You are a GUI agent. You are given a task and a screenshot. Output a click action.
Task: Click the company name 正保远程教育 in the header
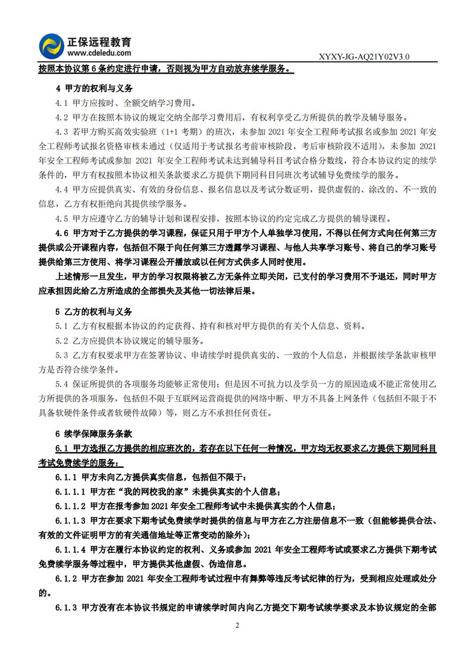tap(99, 42)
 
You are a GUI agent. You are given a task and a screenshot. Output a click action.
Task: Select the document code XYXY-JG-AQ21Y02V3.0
tap(364, 56)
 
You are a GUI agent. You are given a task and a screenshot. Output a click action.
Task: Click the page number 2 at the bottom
tap(237, 625)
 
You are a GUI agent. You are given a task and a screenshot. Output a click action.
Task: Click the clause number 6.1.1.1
tap(71, 492)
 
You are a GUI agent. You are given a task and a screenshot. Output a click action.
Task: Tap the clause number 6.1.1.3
tap(71, 520)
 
